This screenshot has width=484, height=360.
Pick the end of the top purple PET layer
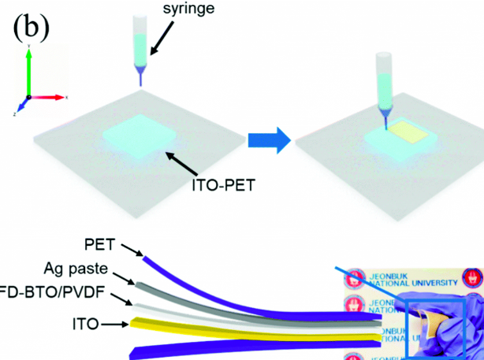(144, 254)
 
